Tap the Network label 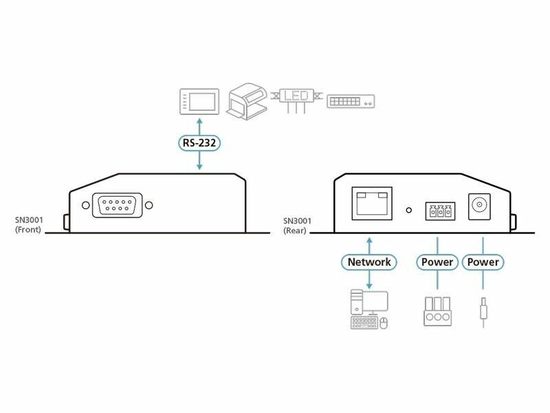[369, 262]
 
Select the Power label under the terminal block [437, 262]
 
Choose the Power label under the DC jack [483, 262]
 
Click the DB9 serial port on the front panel [117, 205]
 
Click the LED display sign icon [297, 96]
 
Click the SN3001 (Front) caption [29, 225]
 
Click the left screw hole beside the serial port [85, 205]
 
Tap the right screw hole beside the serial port [149, 205]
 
